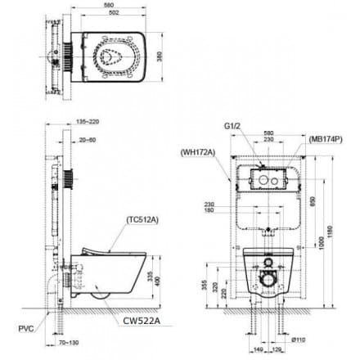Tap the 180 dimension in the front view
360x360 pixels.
pos(210,211)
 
